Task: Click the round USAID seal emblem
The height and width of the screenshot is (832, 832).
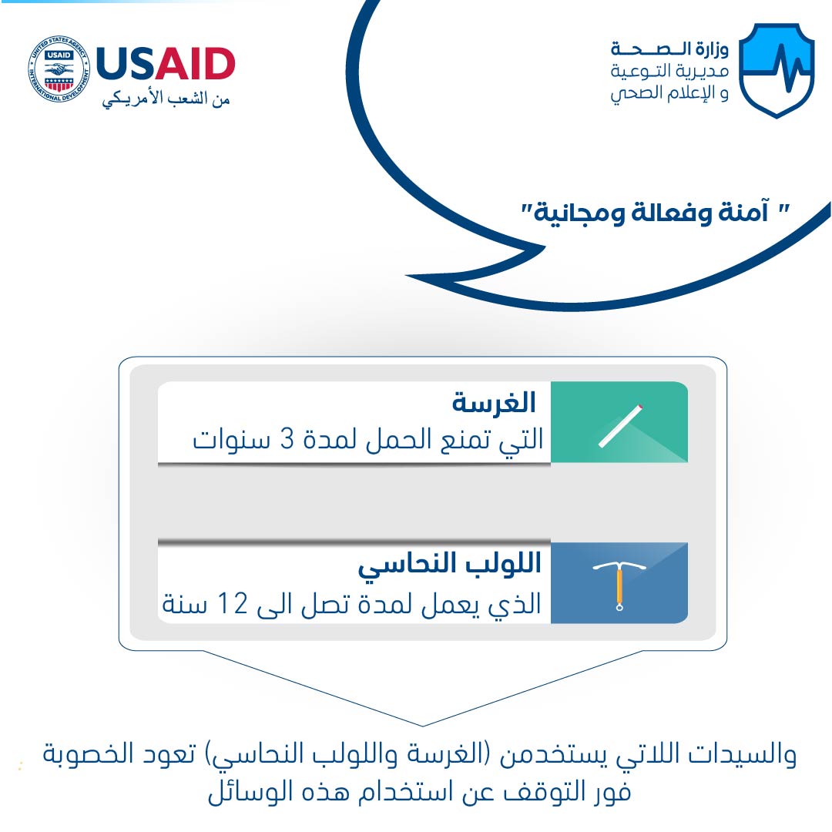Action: (59, 69)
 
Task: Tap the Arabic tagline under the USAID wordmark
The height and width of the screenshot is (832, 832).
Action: (166, 99)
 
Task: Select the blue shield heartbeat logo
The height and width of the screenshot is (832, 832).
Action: (777, 70)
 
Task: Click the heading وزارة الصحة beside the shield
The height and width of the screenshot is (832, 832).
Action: (669, 49)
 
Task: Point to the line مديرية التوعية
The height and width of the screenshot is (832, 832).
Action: (669, 71)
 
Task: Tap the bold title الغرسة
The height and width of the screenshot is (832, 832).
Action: (494, 403)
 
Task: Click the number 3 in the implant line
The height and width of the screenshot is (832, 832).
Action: (287, 440)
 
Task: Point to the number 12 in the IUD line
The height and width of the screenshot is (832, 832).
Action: (233, 603)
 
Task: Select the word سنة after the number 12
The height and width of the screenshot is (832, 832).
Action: (183, 605)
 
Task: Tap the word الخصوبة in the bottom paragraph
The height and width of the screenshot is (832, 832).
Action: (88, 754)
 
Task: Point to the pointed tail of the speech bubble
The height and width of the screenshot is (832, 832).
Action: (407, 275)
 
